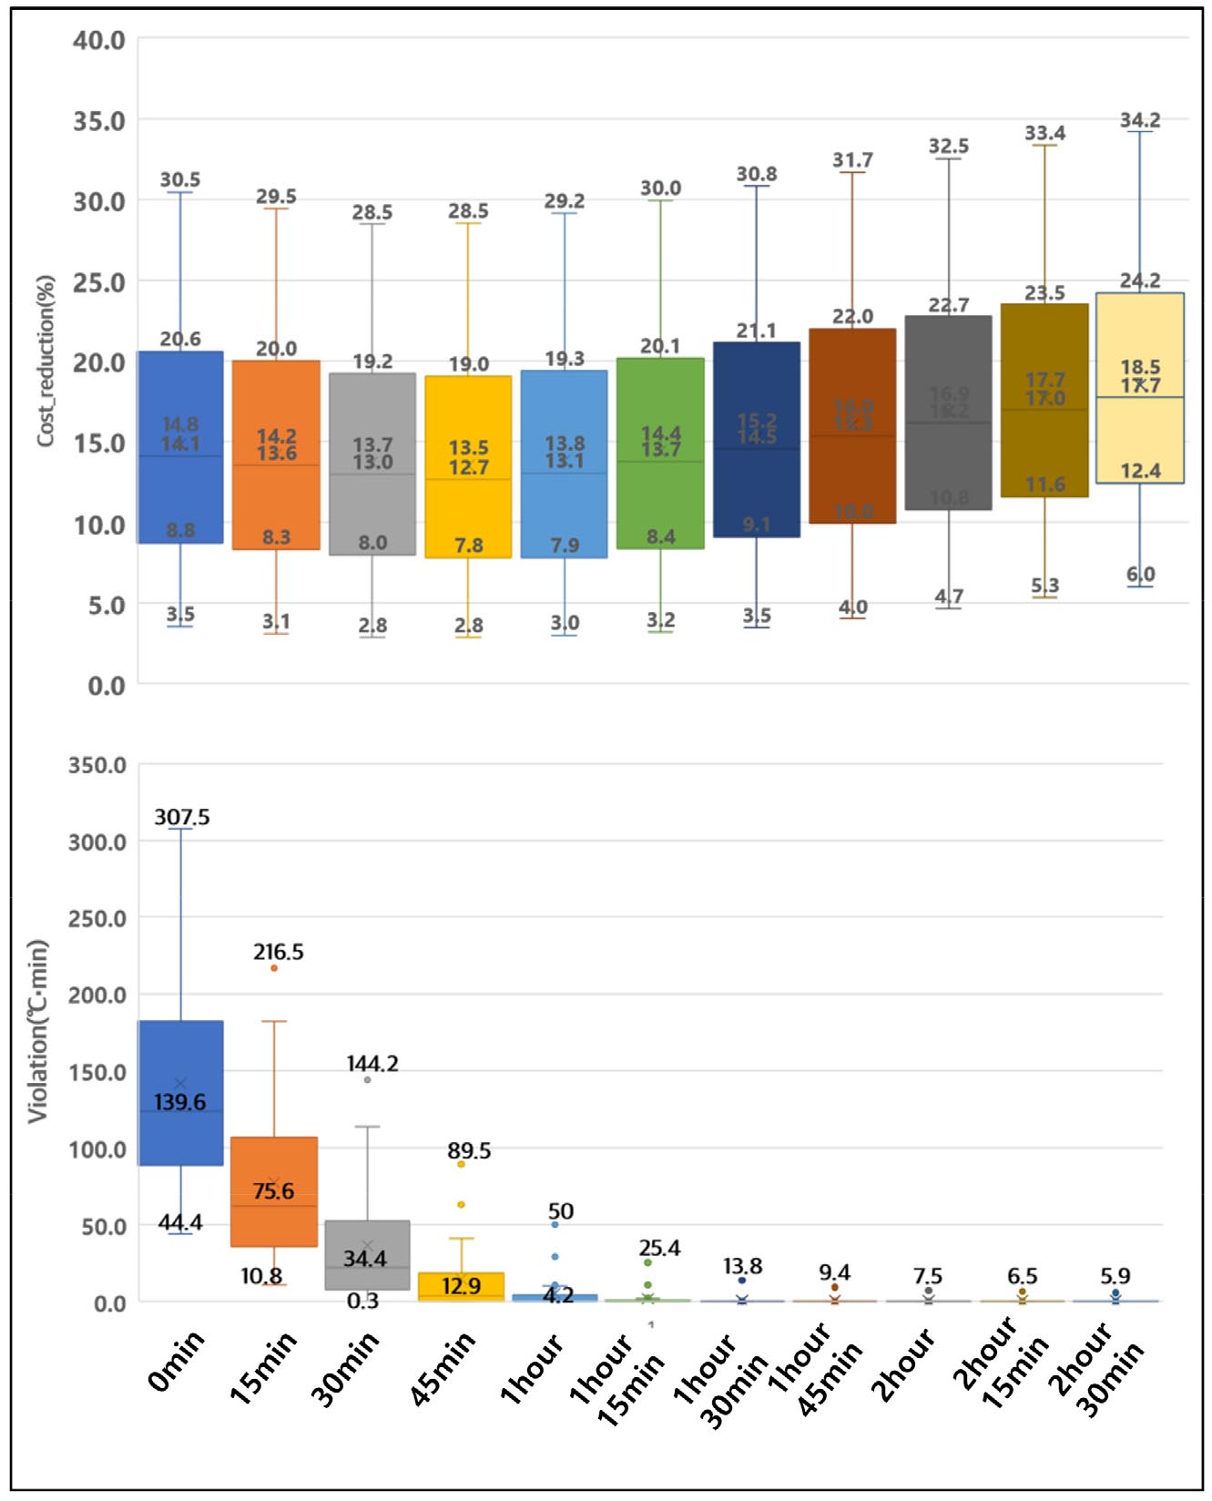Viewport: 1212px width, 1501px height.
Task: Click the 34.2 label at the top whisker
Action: (1139, 120)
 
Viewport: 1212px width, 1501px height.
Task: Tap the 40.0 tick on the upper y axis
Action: (99, 40)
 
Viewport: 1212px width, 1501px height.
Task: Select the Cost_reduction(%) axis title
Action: (46, 361)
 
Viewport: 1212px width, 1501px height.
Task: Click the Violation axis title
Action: (37, 1031)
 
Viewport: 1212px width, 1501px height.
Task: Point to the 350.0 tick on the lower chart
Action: (97, 765)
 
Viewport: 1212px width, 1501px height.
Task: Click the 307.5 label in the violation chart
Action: (182, 817)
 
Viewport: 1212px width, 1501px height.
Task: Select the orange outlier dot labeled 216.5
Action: (274, 968)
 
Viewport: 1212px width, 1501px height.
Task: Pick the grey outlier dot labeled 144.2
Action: (367, 1080)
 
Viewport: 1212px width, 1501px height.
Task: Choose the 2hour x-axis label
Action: (902, 1364)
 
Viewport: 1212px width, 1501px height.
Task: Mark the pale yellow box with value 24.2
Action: (1140, 428)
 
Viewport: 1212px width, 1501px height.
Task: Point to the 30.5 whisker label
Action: (180, 179)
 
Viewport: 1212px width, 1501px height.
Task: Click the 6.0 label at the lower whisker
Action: (1140, 574)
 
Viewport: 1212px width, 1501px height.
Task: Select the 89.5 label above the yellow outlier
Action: (469, 1150)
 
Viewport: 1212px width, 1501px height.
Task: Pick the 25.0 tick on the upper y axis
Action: (99, 282)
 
